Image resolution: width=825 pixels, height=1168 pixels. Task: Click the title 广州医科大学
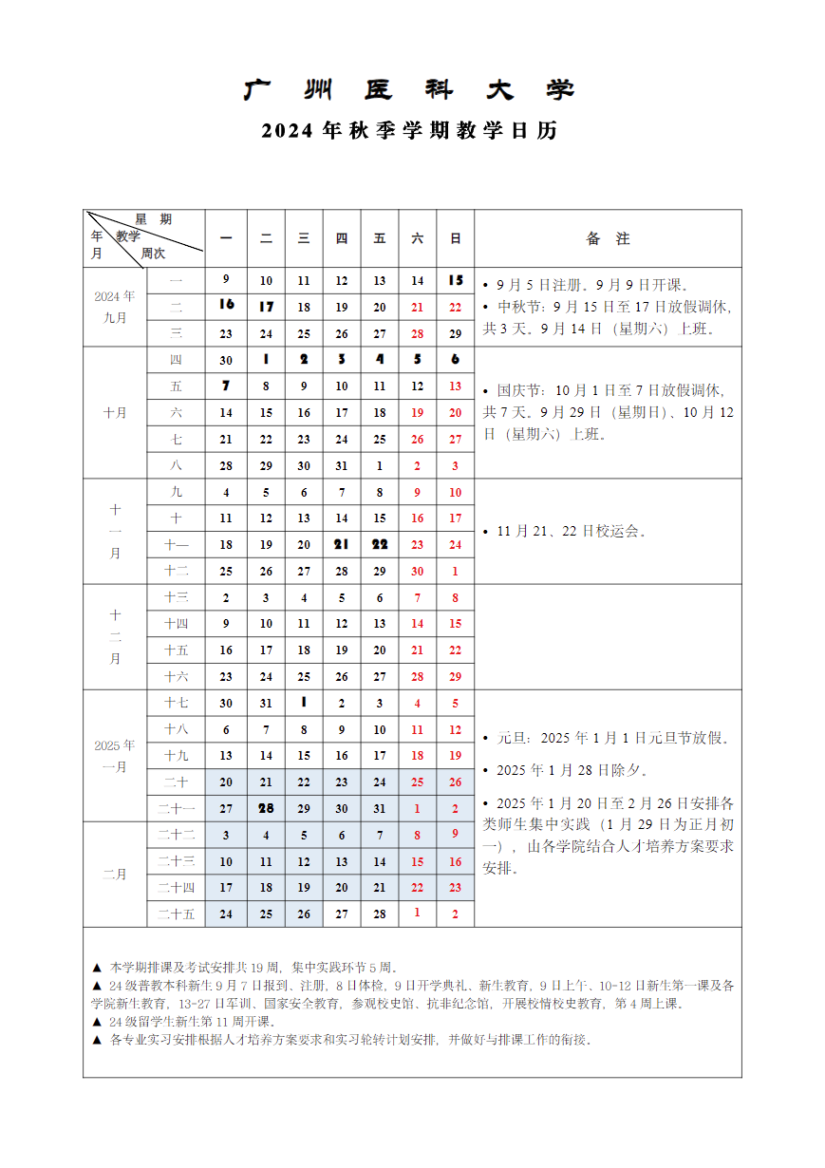coord(410,90)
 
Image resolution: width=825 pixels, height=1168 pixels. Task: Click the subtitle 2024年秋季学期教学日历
coord(410,131)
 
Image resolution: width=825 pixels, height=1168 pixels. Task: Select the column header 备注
coord(608,238)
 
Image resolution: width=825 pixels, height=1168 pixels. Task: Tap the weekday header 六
coord(417,238)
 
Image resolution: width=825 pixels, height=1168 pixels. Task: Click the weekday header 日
coord(456,238)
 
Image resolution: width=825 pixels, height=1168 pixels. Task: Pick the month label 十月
coord(115,413)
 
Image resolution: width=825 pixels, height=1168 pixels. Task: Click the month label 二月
coord(115,875)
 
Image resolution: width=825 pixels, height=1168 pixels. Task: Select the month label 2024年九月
coord(115,307)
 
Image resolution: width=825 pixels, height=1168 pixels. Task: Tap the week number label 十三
coord(177,597)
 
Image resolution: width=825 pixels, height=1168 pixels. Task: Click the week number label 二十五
coord(177,914)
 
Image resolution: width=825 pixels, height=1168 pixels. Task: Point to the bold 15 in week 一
coord(456,280)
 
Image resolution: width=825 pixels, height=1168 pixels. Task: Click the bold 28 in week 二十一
coord(266,808)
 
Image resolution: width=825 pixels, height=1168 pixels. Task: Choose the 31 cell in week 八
coord(342,466)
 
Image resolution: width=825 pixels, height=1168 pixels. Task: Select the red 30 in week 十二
coord(417,572)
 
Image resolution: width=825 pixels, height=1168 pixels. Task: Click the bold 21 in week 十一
coord(342,544)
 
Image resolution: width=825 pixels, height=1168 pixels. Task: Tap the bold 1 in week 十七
coord(304,703)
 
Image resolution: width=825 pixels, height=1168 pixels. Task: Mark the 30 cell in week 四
coord(226,360)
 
